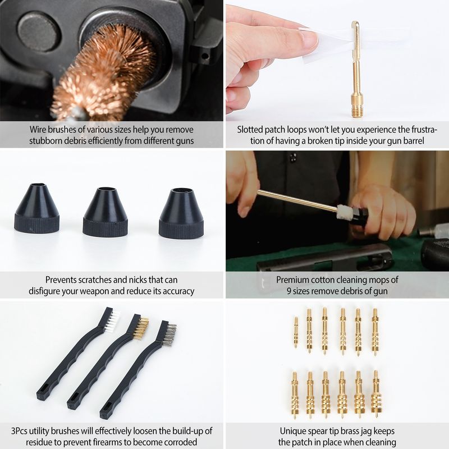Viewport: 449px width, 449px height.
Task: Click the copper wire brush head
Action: click(x=107, y=70)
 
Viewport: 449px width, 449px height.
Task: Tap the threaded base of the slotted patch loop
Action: click(x=356, y=106)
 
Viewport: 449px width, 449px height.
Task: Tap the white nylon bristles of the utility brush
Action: click(x=112, y=320)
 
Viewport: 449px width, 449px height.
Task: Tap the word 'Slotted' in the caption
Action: click(x=250, y=130)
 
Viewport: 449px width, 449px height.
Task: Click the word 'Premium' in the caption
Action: click(x=292, y=280)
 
